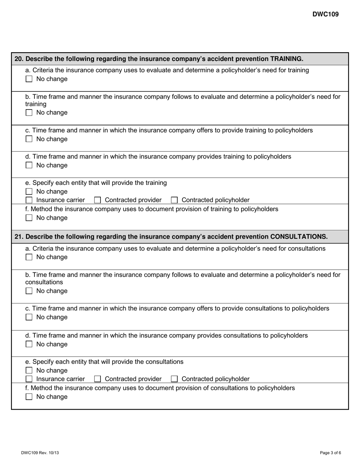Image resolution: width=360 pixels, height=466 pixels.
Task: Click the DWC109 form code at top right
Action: [326, 14]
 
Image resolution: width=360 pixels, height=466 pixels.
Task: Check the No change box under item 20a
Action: [29, 79]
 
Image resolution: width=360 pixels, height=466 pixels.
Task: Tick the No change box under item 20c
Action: [29, 139]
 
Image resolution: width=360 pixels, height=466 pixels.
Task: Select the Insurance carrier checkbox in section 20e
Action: [29, 200]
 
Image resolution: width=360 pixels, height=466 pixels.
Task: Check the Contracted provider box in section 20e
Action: [97, 200]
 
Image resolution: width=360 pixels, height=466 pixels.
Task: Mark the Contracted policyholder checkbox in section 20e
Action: [174, 200]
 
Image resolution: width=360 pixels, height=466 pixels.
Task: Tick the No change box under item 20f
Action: [29, 218]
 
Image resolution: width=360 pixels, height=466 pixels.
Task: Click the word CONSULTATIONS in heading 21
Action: [299, 236]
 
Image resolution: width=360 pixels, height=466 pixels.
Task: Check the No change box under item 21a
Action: [29, 257]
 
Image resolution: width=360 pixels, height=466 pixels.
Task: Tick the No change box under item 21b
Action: [29, 291]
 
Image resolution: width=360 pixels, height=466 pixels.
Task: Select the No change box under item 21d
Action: [29, 344]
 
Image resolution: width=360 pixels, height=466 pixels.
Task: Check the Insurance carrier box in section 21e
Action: [29, 379]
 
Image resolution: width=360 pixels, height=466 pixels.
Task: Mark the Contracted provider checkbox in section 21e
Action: [97, 379]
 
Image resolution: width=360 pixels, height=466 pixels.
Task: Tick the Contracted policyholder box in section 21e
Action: [174, 379]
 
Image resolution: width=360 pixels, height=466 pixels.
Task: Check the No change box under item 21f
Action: [29, 397]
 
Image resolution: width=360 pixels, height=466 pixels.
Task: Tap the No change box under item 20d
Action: [29, 166]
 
